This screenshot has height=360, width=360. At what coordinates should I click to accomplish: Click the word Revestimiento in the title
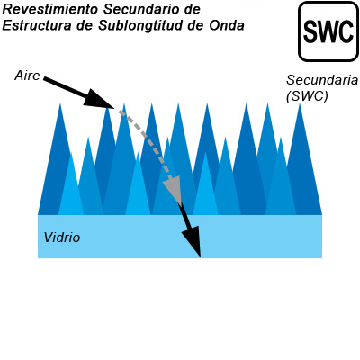50,9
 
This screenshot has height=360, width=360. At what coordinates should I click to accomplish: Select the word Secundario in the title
139,9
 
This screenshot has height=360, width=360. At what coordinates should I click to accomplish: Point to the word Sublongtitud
140,26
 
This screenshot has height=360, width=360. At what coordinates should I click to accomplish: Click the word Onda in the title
227,25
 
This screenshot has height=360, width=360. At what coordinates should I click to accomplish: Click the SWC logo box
328,31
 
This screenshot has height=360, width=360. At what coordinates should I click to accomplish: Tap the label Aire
27,76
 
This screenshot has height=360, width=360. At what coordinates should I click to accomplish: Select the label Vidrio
62,238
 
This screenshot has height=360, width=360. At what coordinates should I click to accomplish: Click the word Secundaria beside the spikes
322,80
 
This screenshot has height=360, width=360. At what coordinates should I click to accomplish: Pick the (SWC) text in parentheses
307,96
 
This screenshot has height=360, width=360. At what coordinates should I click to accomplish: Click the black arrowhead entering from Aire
98,99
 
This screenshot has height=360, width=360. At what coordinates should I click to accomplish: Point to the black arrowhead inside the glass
192,241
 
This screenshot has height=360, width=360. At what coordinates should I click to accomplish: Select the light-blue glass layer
180,237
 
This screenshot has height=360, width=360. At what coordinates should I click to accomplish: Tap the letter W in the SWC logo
328,31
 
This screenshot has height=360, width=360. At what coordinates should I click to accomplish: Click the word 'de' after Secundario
190,9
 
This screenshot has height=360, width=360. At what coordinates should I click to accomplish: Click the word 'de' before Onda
196,25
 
